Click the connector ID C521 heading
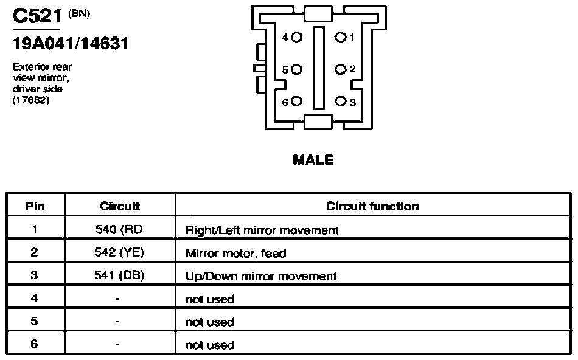37,16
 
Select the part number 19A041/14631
71,44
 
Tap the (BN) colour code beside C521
79,14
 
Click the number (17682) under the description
31,100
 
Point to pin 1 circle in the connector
340,37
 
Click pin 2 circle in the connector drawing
340,69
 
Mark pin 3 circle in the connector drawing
341,102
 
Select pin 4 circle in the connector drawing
297,37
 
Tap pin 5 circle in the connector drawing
297,70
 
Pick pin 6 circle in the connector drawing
297,102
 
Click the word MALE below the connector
313,160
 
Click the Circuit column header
120,206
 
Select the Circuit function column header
373,206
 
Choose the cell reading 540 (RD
119,229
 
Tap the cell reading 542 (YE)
119,252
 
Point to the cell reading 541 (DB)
119,275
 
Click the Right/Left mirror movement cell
262,230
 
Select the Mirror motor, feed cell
236,253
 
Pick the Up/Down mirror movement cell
262,276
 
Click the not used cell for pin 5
210,322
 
